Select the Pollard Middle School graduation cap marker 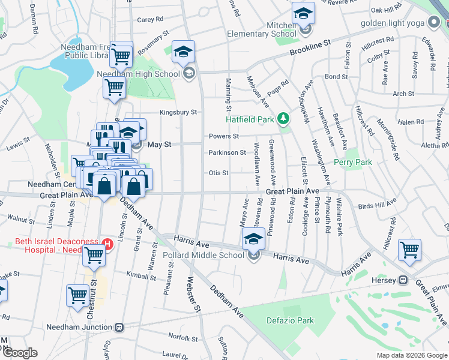(x=253, y=239)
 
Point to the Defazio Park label (x=290, y=320)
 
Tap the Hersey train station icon (x=404, y=281)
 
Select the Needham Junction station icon (x=119, y=327)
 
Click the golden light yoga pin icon (x=435, y=23)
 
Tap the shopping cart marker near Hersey (x=409, y=249)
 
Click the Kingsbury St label (x=178, y=112)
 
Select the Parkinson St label (x=227, y=152)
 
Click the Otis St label (x=218, y=173)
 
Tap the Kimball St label (x=142, y=276)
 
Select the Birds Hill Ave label (x=377, y=205)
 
